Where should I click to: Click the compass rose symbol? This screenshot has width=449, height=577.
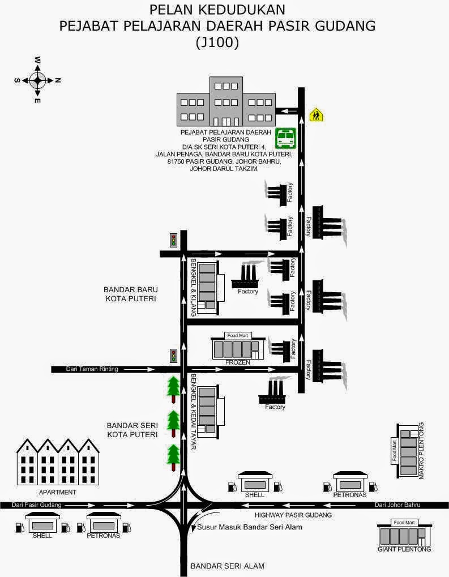[37, 80]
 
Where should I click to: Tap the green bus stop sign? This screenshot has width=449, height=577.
[286, 138]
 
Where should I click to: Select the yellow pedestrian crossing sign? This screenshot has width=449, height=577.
[316, 115]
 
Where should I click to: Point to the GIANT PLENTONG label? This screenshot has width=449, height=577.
[404, 549]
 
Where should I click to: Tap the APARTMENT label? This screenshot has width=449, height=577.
[57, 492]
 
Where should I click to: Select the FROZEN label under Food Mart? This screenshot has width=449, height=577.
[237, 362]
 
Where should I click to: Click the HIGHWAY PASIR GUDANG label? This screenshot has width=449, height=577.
[293, 515]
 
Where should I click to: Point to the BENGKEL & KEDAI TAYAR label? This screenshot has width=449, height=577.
[194, 412]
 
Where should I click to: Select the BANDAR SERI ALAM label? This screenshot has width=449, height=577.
[228, 566]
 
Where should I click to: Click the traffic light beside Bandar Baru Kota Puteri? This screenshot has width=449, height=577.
[174, 240]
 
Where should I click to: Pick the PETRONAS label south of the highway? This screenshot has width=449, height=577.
[103, 535]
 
